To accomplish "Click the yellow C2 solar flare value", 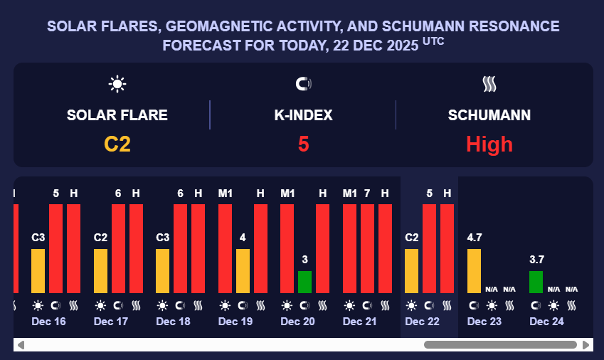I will click(x=117, y=144).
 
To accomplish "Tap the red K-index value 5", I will click(x=304, y=144).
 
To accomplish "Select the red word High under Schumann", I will click(x=489, y=144).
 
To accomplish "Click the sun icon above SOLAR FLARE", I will click(x=117, y=84).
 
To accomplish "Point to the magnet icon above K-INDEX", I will click(x=304, y=84).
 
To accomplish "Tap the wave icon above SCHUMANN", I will click(x=489, y=84).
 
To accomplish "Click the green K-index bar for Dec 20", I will click(x=304, y=282).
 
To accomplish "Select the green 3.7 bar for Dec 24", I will click(x=536, y=282).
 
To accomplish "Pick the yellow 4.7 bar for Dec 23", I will click(x=474, y=270).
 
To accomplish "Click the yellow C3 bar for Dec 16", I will click(x=38, y=270).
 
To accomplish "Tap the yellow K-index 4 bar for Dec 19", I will click(x=243, y=270).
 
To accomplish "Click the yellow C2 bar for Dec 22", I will click(x=411, y=270).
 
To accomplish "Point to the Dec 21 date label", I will click(x=359, y=322).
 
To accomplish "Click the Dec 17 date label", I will click(x=111, y=322).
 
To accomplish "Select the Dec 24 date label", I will click(x=546, y=322).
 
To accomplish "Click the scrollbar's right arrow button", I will click(x=586, y=345).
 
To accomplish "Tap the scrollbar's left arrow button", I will click(x=21, y=345).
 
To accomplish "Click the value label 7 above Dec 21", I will click(x=367, y=194).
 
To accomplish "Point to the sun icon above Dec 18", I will click(x=162, y=306).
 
